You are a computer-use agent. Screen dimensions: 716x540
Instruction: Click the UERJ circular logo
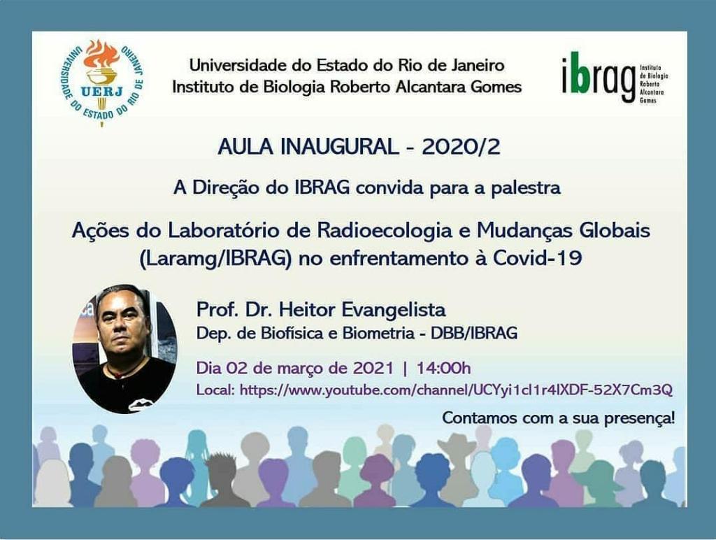[x=102, y=83]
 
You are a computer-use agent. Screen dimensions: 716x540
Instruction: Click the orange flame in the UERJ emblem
[x=102, y=54]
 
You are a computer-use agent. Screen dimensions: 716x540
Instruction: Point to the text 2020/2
[x=461, y=147]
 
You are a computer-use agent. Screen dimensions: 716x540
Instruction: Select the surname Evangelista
[x=394, y=310]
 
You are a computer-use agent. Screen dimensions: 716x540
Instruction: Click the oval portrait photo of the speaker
[x=124, y=348]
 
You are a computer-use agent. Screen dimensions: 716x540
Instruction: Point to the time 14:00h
[x=443, y=368]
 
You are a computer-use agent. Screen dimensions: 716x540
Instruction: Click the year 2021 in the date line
[x=373, y=368]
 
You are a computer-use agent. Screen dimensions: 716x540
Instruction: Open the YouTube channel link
[x=456, y=390]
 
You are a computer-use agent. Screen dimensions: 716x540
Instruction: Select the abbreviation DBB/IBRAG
[x=474, y=333]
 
